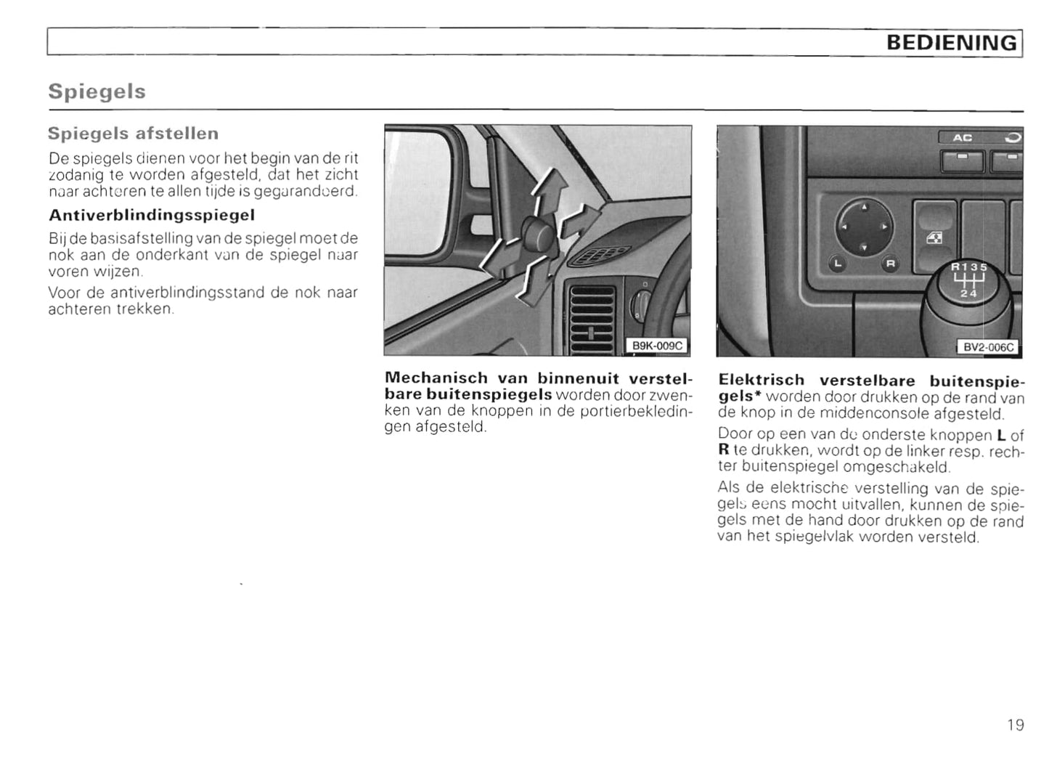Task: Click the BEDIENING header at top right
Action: tap(952, 43)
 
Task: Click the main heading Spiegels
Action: tap(97, 91)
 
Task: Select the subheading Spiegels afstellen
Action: tap(133, 134)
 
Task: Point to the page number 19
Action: tap(1016, 725)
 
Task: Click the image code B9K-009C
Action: tap(657, 346)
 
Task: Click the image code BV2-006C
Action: tap(988, 347)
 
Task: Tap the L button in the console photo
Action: tap(838, 264)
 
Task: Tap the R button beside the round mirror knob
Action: tap(890, 264)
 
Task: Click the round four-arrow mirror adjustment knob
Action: tap(864, 227)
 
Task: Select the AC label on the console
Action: tap(963, 137)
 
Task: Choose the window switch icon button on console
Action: tap(935, 237)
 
